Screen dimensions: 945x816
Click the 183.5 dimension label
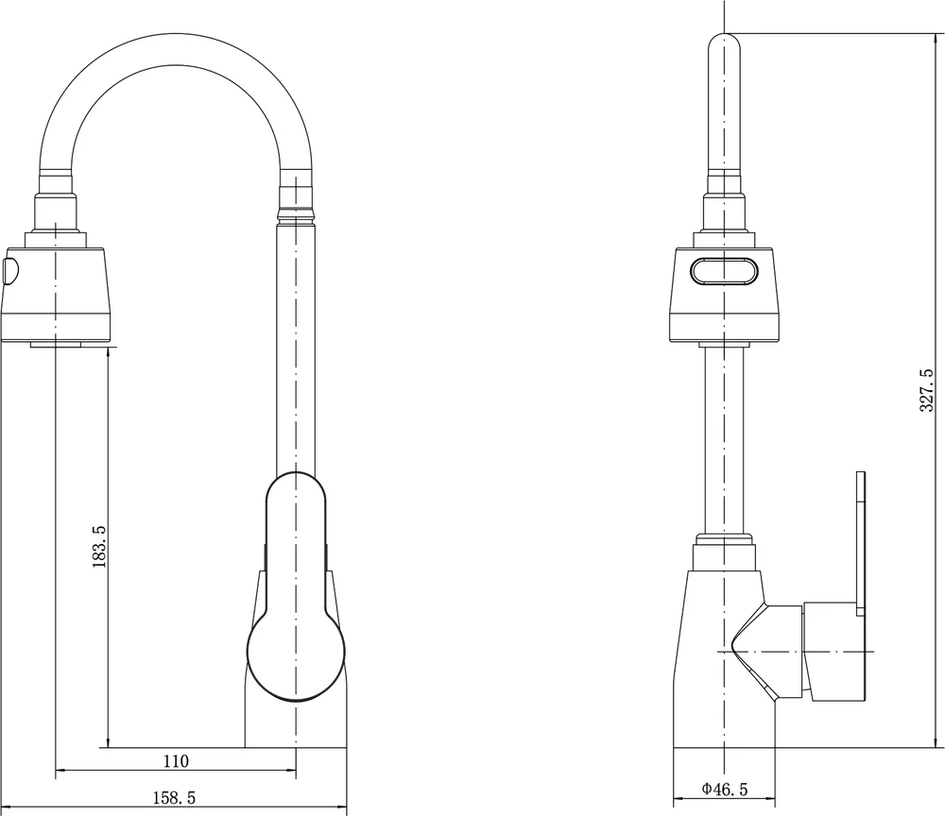[x=99, y=546]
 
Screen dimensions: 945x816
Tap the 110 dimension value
[x=176, y=761]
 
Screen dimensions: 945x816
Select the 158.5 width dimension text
[x=174, y=798]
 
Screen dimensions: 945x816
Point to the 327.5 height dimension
[x=927, y=390]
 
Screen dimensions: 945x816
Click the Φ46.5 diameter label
[x=725, y=789]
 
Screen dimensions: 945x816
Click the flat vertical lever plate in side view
[x=860, y=543]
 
